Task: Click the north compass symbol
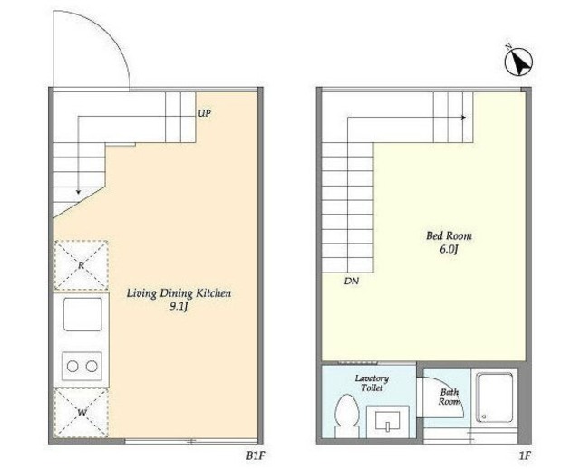click(518, 62)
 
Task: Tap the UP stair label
click(204, 113)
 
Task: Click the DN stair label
click(351, 282)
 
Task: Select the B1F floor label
click(256, 455)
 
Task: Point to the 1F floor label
click(525, 455)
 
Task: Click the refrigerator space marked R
click(82, 265)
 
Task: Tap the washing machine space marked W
click(82, 413)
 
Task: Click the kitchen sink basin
click(82, 314)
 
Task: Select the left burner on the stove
click(72, 367)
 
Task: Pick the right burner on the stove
click(92, 367)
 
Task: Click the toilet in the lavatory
click(347, 416)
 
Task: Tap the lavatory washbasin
click(388, 422)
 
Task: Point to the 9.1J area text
click(179, 307)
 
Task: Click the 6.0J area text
click(449, 250)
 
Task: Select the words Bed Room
click(449, 235)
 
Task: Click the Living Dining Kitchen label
click(179, 293)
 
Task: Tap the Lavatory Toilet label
click(372, 383)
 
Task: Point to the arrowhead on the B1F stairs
click(78, 191)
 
